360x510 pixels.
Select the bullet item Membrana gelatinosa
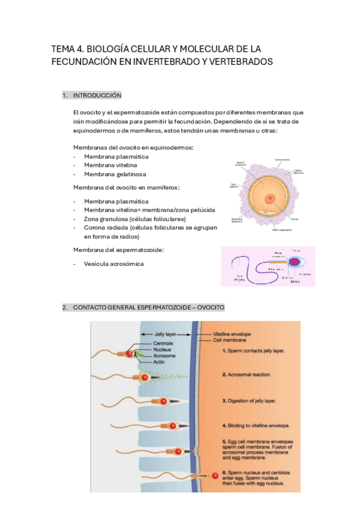coord(115,174)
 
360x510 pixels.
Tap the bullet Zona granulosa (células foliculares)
coord(135,219)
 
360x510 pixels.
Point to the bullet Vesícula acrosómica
coord(114,263)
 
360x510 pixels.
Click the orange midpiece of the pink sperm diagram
coord(277,262)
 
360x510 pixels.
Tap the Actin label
coord(160,362)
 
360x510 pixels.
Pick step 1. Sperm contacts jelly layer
coord(253,349)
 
